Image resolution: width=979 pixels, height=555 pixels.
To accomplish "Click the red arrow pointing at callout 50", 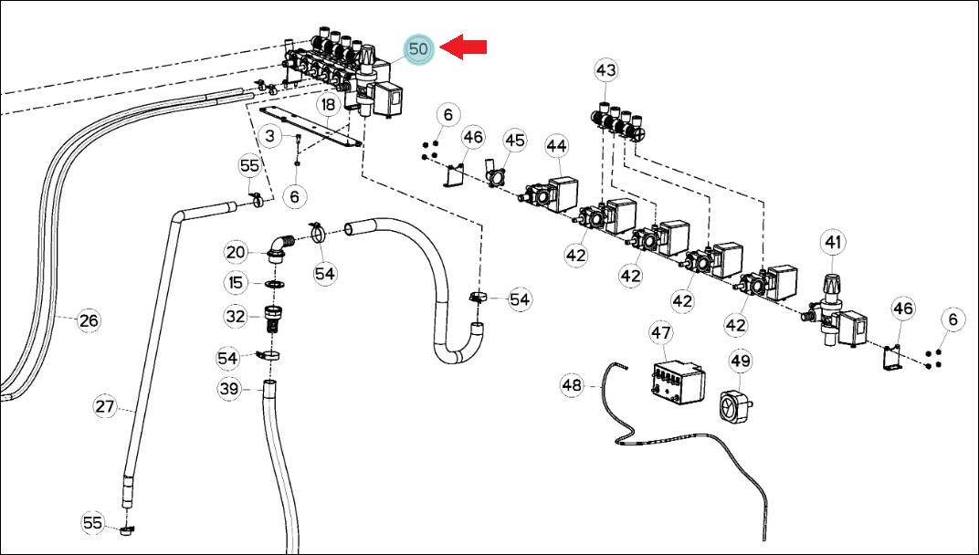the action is click(463, 47).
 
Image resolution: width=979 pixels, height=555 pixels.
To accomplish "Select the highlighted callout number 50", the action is click(418, 49).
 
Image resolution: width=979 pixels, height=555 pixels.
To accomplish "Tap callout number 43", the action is click(605, 70).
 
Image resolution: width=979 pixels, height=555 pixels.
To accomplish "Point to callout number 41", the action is click(834, 242).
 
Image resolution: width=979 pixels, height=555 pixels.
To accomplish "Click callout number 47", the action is click(661, 333).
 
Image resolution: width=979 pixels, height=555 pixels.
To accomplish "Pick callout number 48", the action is click(572, 385).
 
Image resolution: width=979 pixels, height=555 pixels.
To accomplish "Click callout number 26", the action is click(89, 320).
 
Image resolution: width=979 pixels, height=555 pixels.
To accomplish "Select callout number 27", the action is click(105, 407).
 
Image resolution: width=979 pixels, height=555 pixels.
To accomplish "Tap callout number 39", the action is click(229, 389).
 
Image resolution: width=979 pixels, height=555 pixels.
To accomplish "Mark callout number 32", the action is click(236, 317).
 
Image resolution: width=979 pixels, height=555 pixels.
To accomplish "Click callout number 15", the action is click(236, 283).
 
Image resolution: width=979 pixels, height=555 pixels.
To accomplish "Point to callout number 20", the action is click(236, 252).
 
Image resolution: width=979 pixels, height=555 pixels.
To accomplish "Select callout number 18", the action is click(329, 105).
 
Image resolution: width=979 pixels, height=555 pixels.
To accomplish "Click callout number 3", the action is click(269, 135).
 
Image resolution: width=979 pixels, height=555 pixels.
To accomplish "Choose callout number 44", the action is click(556, 146).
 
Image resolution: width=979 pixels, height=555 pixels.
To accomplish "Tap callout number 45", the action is click(514, 141).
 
